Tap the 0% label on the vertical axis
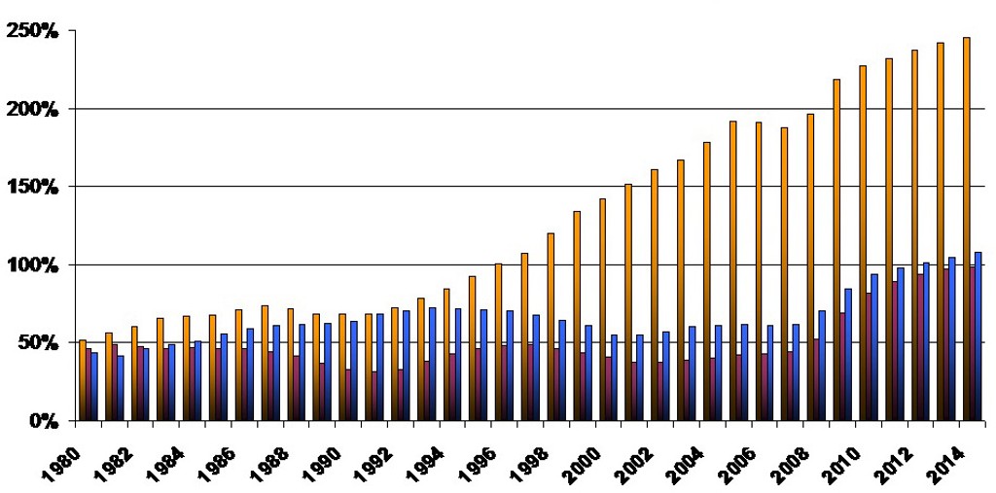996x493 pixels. (x=45, y=421)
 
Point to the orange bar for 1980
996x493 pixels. (x=83, y=380)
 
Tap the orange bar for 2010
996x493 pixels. (x=862, y=243)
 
